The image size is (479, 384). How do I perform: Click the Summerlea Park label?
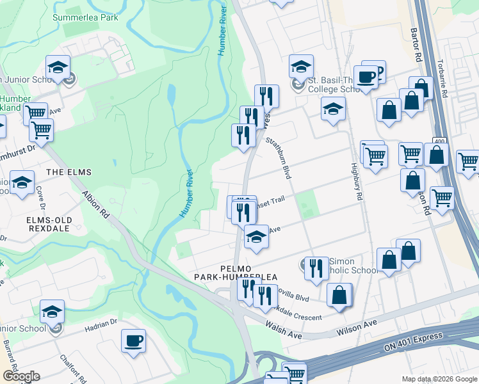[x=85, y=18]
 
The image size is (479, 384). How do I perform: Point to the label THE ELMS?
[x=69, y=172]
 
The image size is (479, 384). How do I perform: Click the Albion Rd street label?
[x=95, y=204]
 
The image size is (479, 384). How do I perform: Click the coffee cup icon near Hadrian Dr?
[x=133, y=341]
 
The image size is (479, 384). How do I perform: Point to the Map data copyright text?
[x=439, y=379]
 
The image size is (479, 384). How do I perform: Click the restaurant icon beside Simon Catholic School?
[x=315, y=268]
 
